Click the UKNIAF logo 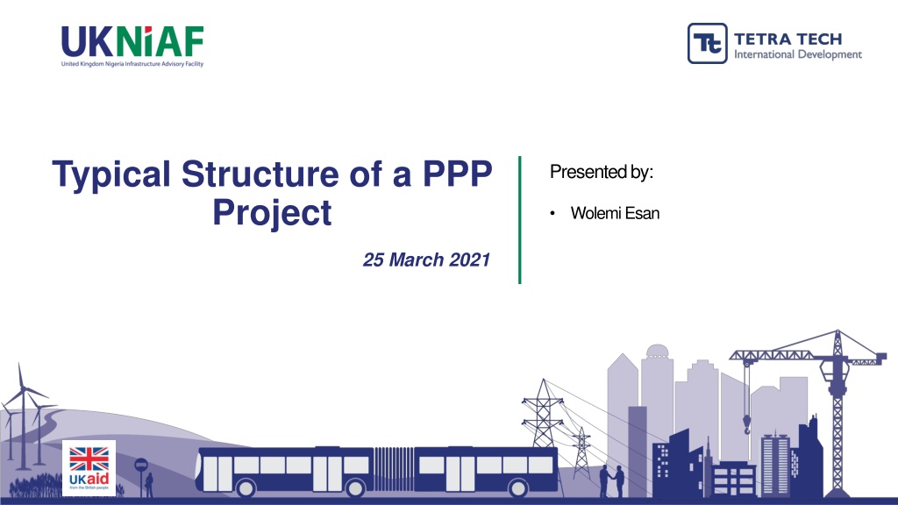pos(132,46)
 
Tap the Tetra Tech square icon pos(708,43)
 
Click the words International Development pos(798,55)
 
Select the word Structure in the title pos(260,174)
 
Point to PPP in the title pos(457,174)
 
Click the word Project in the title pos(272,213)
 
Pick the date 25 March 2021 pos(427,260)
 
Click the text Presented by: pos(602,172)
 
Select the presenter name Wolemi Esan pos(615,213)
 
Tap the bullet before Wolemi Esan pos(552,214)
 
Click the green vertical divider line pos(519,220)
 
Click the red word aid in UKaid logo pos(97,479)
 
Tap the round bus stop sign pos(141,465)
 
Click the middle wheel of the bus pos(355,488)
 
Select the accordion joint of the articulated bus pos(394,469)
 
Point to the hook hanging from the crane pos(747,425)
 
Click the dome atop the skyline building pos(657,351)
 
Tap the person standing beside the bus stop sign pos(149,485)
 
